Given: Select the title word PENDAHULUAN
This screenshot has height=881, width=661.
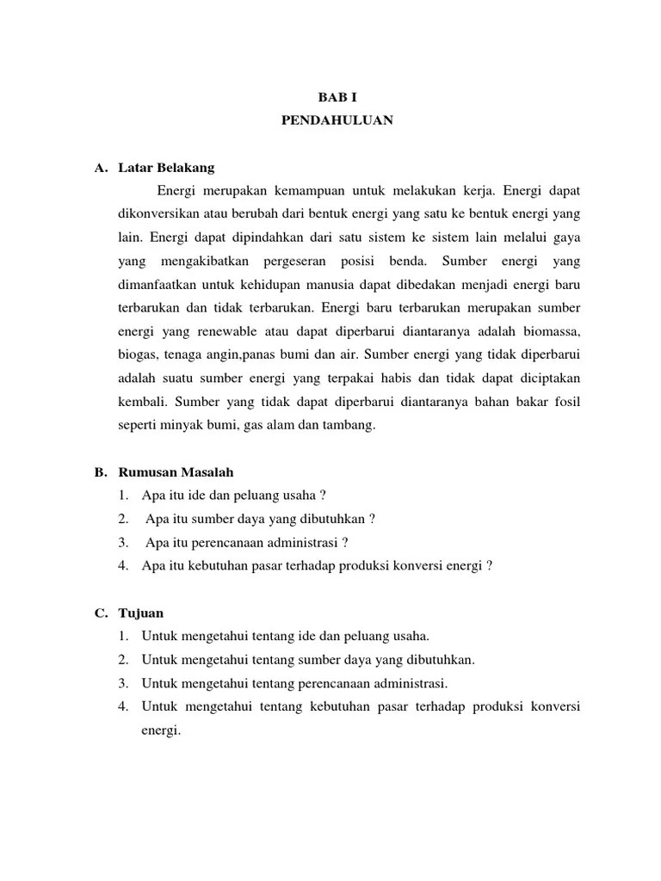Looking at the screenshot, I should click(x=337, y=121).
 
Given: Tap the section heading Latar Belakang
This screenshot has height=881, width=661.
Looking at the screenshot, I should click(x=166, y=167).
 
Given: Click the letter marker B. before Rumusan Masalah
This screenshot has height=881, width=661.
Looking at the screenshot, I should click(x=100, y=472).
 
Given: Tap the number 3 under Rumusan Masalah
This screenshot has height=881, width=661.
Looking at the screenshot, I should click(x=124, y=543).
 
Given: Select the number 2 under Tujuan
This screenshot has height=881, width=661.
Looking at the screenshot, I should click(x=124, y=660).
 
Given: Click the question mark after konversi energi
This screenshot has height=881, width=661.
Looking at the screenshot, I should click(x=490, y=566).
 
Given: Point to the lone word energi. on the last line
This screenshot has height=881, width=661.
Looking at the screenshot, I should click(x=161, y=730).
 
